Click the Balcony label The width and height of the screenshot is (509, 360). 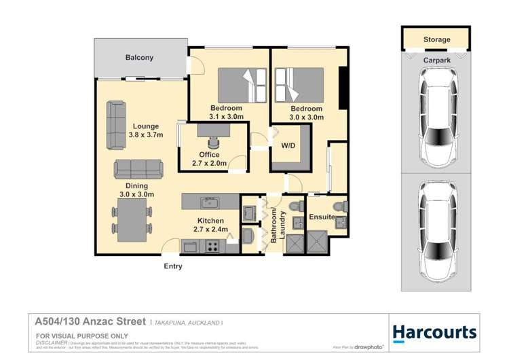tap(139, 58)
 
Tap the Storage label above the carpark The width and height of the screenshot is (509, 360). tap(436, 39)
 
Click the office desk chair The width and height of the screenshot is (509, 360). tap(214, 142)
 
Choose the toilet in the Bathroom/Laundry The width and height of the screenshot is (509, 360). tap(295, 206)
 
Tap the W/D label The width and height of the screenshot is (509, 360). tap(288, 146)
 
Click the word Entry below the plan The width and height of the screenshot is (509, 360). tap(173, 266)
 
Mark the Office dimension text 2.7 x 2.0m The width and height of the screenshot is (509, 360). tap(209, 164)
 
